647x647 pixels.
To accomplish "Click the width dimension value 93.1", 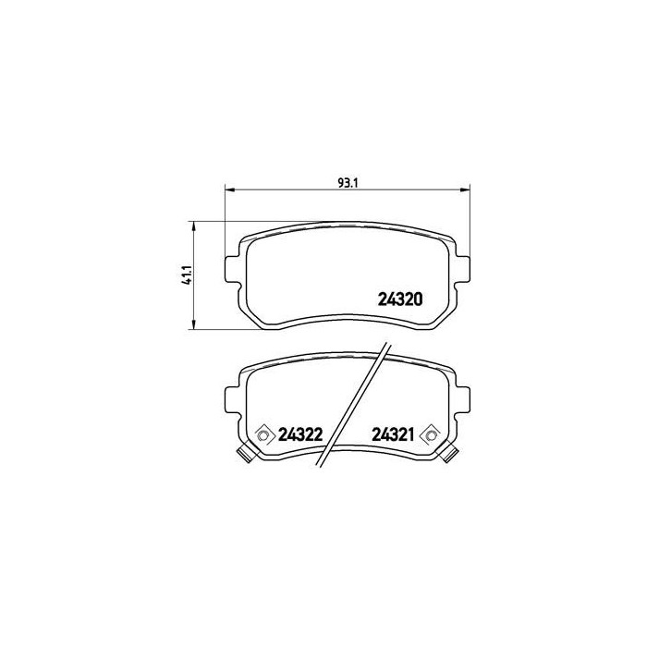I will tap(348, 181).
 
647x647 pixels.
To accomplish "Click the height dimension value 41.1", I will tap(186, 275).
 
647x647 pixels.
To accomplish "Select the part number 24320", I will tap(400, 299).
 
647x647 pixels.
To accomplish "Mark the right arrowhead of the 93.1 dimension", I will tap(468, 189).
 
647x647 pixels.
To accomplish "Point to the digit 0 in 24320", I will tap(418, 299).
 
